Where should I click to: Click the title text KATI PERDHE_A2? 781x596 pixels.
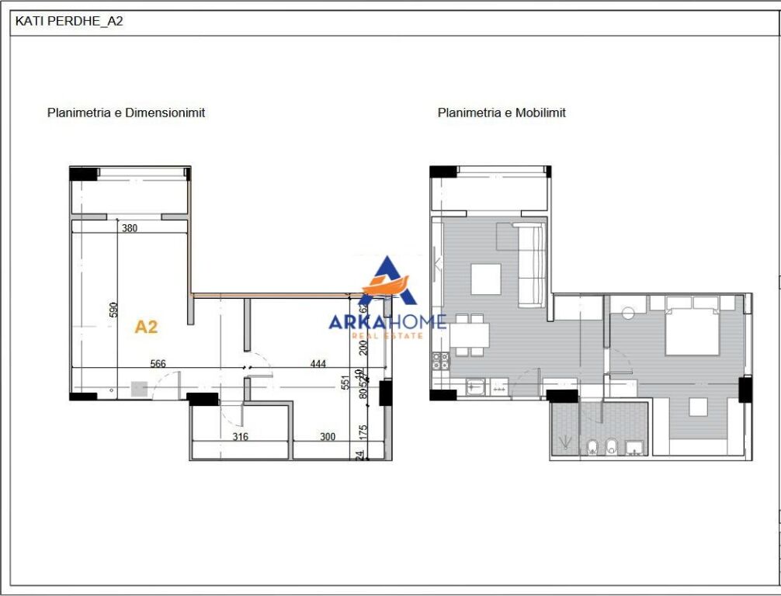(x=69, y=22)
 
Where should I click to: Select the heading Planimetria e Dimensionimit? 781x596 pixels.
(x=126, y=113)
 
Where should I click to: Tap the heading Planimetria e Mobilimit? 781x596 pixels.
(x=502, y=113)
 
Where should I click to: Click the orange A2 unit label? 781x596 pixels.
(x=146, y=327)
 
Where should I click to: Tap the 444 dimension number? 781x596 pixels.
(x=318, y=363)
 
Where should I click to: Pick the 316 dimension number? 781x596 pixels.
(x=241, y=437)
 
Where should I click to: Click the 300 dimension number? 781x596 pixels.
(x=328, y=437)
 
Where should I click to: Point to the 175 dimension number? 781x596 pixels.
(x=360, y=431)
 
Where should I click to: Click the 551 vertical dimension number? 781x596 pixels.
(x=345, y=383)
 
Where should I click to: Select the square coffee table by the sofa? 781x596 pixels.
(x=485, y=279)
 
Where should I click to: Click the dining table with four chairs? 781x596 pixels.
(x=469, y=335)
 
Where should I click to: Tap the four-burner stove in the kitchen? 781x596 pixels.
(x=440, y=361)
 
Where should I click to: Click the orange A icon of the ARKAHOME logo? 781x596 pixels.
(x=387, y=283)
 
